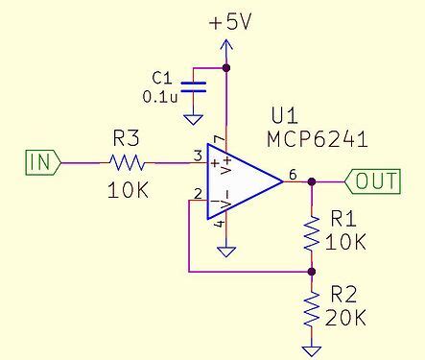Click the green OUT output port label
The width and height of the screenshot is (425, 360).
coord(375,180)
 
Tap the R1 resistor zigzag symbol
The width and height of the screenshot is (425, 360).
coord(311,231)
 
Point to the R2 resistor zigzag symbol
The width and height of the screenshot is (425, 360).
coord(311,307)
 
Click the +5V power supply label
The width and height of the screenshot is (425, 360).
coord(230,22)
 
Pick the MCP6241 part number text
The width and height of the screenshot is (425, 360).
coord(318,140)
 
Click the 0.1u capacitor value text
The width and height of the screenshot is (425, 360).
coord(159,97)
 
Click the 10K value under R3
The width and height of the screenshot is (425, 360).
coord(129,190)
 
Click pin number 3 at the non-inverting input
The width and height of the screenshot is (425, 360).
coord(197,155)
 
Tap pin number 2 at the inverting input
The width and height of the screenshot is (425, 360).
coord(198,194)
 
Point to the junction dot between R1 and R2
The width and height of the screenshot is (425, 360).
coord(311,272)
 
